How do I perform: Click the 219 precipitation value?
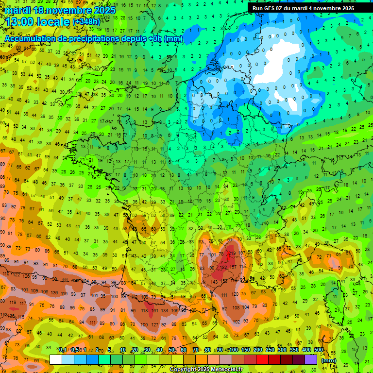pos(232,253)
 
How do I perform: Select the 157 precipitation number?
pos(233,267)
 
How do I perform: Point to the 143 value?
pos(214,282)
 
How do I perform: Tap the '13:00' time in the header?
pos(20,22)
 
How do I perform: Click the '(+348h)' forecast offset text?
pos(86,22)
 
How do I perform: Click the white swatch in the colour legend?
pos(56,359)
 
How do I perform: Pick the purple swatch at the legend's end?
pos(311,359)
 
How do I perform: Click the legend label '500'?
pos(319,350)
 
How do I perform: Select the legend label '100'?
pos(233,350)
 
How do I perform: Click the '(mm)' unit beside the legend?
pos(329,360)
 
